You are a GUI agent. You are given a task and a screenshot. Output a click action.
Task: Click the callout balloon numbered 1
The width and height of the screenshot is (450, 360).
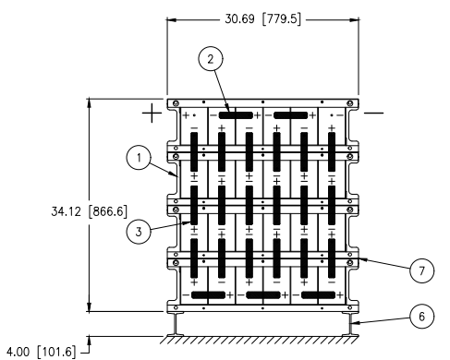139,158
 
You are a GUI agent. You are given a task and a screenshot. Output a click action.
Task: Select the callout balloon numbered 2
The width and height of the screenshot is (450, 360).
211,59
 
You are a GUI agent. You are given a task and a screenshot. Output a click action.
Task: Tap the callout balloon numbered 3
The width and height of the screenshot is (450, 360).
139,231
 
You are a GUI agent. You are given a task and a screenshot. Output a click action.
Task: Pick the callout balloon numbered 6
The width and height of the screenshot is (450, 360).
421,317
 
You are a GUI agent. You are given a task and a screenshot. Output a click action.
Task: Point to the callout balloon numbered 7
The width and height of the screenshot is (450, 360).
421,270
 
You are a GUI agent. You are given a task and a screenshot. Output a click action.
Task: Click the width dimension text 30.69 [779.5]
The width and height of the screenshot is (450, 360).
262,19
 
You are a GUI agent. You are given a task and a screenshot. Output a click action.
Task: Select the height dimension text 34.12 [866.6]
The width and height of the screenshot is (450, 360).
89,211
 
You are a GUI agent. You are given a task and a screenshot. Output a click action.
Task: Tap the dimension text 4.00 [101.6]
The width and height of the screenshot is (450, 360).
41,352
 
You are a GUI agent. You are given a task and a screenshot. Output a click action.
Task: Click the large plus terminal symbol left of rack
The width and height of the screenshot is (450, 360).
152,113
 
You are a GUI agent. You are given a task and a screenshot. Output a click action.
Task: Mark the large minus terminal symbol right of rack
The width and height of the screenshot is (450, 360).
373,113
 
